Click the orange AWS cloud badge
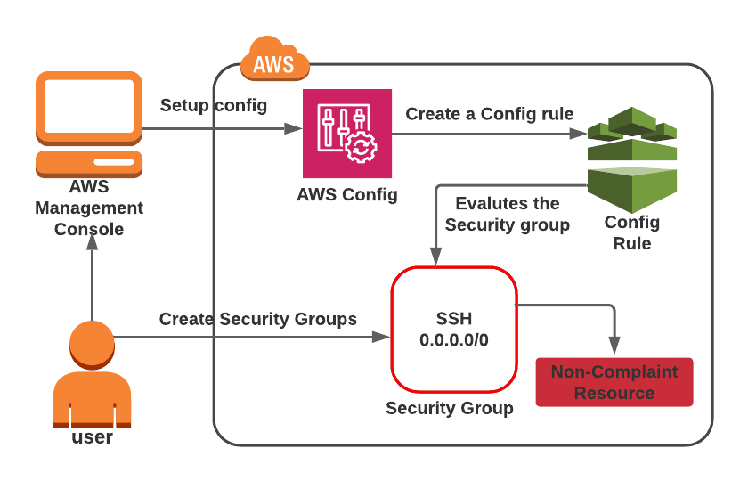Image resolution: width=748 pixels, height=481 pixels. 275,59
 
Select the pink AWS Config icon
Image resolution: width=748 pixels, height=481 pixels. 347,134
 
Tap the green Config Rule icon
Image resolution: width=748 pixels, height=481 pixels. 632,159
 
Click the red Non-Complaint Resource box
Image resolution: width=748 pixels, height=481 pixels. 614,382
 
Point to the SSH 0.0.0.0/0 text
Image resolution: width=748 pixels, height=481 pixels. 454,330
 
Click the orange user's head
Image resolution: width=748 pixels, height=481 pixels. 92,345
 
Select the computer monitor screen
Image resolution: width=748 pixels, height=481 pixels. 89,106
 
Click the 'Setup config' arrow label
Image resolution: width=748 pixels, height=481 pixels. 214,105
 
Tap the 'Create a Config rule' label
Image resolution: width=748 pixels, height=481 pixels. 490,114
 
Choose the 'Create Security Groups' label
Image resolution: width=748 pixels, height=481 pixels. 258,319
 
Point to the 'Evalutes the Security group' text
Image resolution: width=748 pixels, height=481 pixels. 508,214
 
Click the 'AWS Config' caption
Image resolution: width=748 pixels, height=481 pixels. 347,195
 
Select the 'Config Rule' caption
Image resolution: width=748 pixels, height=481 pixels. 632,232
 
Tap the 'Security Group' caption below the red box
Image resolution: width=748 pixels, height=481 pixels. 450,409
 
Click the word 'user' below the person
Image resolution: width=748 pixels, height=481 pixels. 92,437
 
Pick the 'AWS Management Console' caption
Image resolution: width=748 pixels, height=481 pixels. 89,208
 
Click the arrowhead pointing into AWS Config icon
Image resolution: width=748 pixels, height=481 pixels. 293,128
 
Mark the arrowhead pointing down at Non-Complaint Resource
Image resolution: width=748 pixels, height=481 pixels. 614,345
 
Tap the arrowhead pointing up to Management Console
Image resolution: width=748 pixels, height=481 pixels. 92,242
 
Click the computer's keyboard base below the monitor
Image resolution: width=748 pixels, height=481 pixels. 89,164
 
